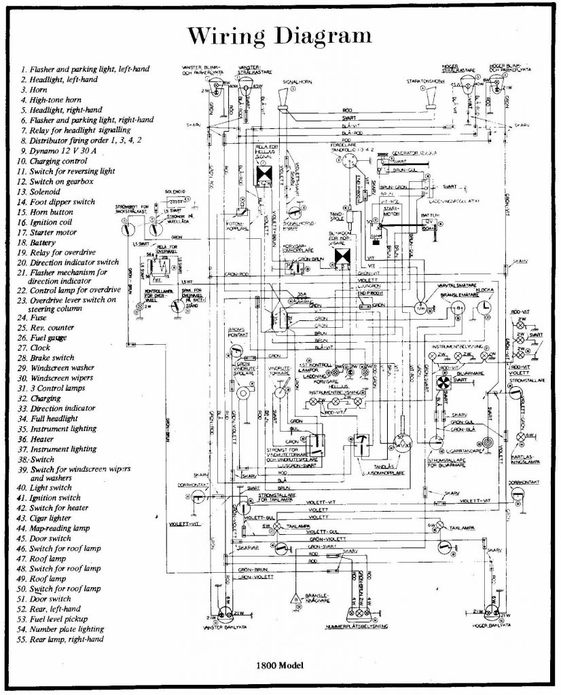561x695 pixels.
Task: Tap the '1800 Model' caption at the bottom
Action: pyautogui.click(x=279, y=665)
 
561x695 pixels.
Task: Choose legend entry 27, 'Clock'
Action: pyautogui.click(x=40, y=347)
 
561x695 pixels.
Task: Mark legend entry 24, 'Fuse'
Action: pyautogui.click(x=39, y=317)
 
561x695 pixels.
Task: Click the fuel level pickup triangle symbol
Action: pyautogui.click(x=295, y=599)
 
